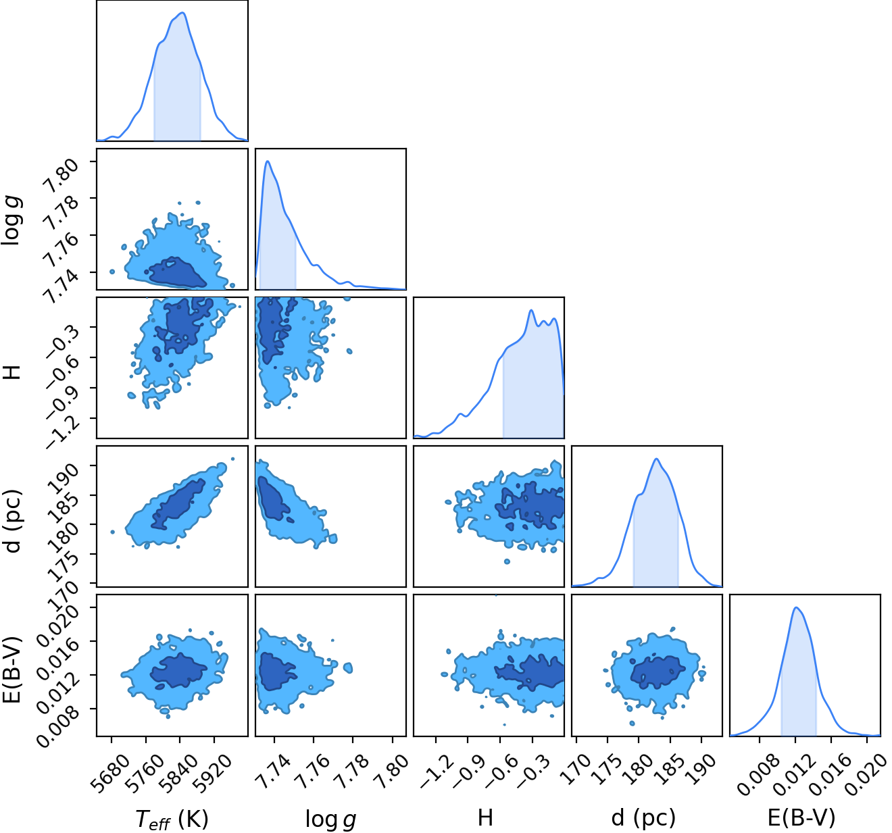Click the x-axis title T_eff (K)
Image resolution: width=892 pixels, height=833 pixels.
[172, 818]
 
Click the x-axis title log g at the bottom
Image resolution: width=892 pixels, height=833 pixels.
[330, 819]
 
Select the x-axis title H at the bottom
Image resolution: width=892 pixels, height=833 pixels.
[485, 817]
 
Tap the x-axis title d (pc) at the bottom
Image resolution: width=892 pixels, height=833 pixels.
[643, 818]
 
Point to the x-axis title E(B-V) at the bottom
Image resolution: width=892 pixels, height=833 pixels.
[801, 818]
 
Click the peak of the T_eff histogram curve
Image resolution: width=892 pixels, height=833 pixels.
[182, 12]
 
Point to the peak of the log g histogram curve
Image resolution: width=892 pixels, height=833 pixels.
[268, 161]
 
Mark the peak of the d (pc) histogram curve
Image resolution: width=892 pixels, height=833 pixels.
[656, 459]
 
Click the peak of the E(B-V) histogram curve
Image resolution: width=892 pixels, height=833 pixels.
[796, 607]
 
